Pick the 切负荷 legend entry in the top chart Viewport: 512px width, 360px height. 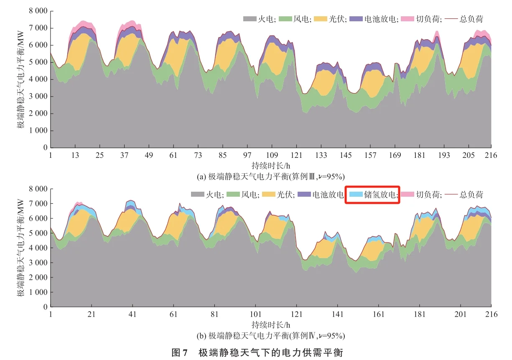425,19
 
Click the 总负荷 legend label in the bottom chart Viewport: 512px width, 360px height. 471,195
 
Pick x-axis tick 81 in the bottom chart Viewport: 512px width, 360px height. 214,314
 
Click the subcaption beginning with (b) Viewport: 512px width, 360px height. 271,335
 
